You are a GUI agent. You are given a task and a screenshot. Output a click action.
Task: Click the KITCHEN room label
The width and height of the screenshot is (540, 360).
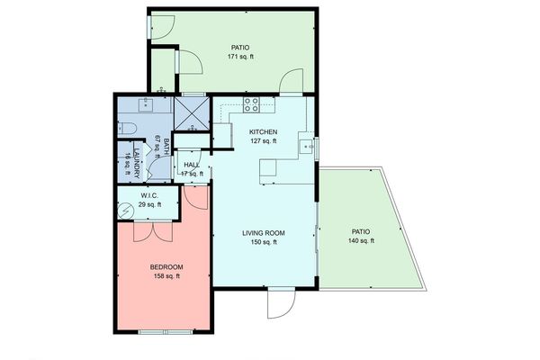[x=262, y=132]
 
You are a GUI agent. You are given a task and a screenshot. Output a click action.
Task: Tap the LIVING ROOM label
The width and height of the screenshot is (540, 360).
[x=264, y=233]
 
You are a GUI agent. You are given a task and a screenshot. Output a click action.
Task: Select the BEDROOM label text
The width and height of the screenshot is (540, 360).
[x=166, y=267]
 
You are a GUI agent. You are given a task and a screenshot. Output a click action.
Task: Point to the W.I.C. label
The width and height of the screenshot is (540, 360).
[x=150, y=196]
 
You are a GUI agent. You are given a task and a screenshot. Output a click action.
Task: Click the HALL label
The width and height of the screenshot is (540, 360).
[x=192, y=165]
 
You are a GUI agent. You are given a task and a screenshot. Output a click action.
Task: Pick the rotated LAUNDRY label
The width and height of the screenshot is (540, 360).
[x=137, y=165]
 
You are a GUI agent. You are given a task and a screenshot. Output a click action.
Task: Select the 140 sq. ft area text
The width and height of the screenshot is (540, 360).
[x=361, y=241]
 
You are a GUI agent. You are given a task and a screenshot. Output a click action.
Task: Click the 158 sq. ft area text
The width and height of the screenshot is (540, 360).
[x=166, y=276]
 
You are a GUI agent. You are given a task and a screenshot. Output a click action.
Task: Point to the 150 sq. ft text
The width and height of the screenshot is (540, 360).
[x=264, y=242]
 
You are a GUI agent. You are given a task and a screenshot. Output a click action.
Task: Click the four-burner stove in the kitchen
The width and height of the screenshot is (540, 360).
[x=253, y=106]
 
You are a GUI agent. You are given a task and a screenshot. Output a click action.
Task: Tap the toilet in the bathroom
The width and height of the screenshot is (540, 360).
[x=127, y=129]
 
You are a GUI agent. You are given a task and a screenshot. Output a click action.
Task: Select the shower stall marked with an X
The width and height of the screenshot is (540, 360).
[x=191, y=114]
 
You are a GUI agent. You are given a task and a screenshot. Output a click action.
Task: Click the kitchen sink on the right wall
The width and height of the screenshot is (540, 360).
[x=309, y=144]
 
